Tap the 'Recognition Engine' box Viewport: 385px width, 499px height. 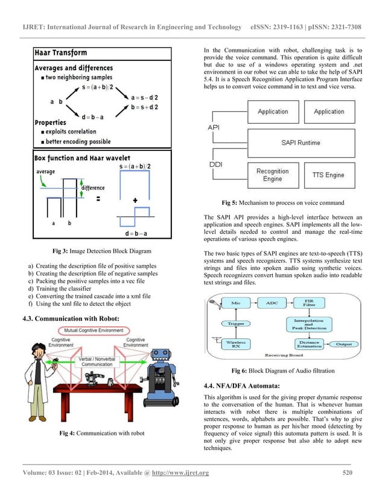(272, 175)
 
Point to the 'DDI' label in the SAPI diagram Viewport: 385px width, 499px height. (215, 163)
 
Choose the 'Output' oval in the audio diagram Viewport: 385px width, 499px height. (345, 344)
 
